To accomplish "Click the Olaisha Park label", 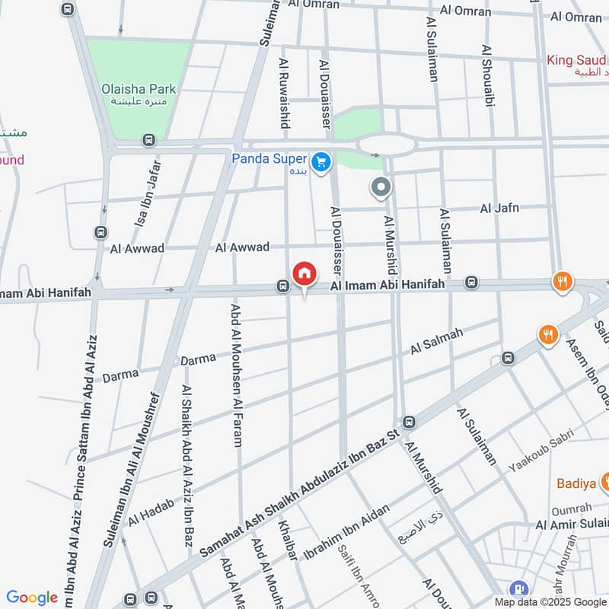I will [139, 89].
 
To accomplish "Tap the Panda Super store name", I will [269, 159].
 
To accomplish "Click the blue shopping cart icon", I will [320, 161].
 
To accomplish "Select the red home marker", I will [304, 273].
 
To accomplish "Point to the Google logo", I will [32, 598].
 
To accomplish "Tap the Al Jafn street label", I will [499, 208].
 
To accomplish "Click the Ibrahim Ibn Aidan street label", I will [346, 533].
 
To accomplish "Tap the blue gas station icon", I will [520, 587].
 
